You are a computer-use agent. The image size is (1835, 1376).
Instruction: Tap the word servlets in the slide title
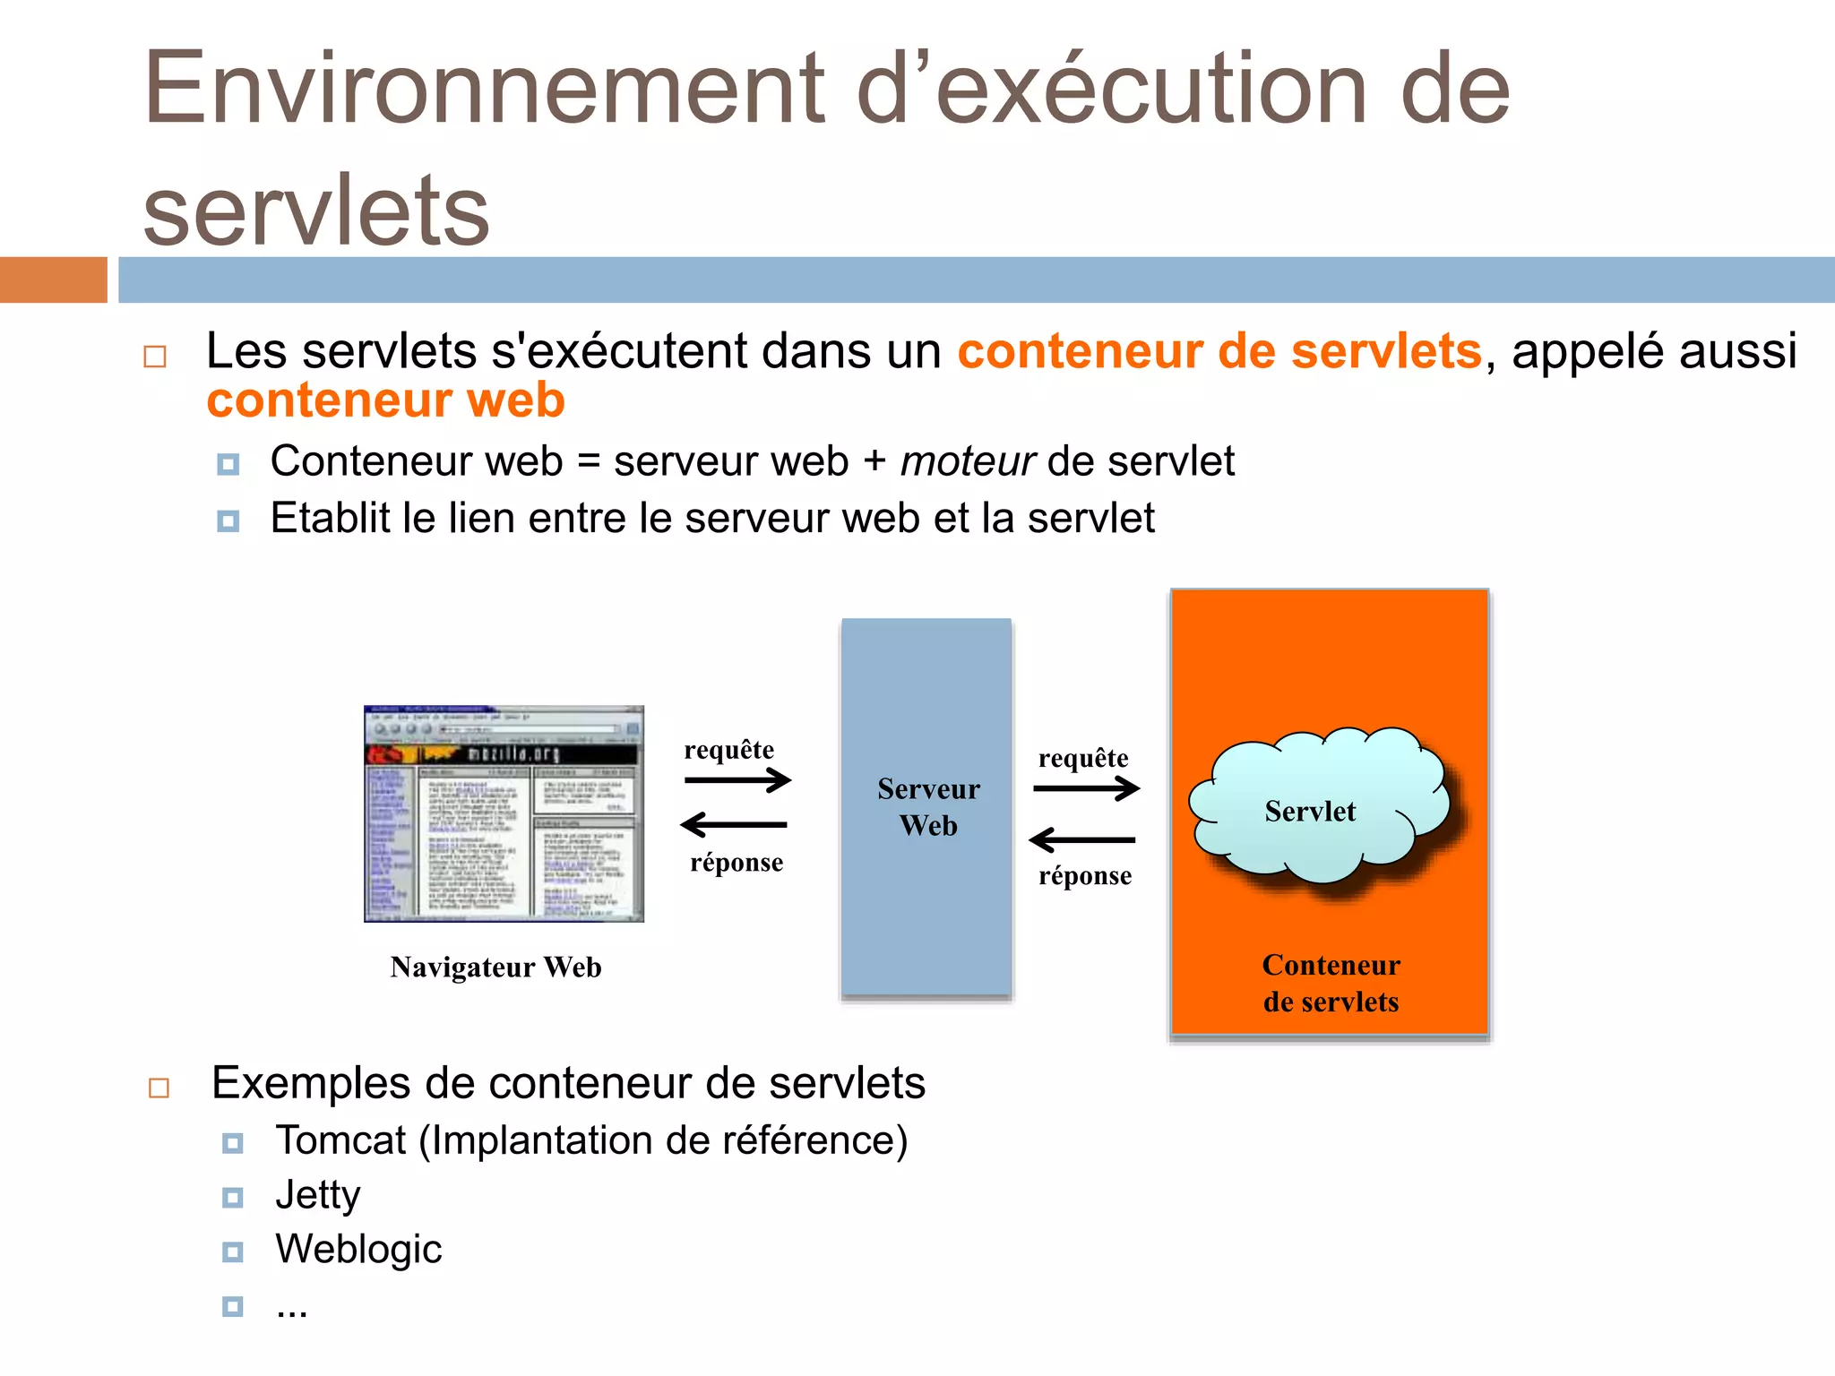(x=316, y=211)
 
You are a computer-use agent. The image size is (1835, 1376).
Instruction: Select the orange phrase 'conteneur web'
(x=385, y=400)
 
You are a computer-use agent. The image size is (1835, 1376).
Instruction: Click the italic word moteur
(x=967, y=461)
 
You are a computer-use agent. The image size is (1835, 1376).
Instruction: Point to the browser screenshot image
(x=504, y=813)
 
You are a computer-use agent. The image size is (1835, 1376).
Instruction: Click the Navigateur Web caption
(x=495, y=967)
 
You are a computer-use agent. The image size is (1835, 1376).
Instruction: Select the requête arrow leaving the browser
(x=737, y=780)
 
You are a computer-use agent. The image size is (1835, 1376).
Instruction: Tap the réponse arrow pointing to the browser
(x=734, y=824)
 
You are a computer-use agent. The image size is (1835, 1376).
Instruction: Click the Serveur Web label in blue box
(x=928, y=806)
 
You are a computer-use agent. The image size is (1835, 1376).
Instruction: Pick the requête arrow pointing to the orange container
(x=1086, y=788)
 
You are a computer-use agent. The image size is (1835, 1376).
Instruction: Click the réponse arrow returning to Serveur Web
(x=1082, y=840)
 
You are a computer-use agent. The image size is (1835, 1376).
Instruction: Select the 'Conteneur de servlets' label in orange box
(x=1331, y=983)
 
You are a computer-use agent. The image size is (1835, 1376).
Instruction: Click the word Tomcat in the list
(x=340, y=1140)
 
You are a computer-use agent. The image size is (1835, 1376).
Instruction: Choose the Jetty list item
(x=318, y=1195)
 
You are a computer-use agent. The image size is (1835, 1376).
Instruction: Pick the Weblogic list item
(x=358, y=1249)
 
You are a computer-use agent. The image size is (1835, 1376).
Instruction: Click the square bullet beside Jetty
(x=233, y=1198)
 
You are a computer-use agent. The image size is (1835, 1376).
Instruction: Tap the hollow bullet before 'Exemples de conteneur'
(x=159, y=1088)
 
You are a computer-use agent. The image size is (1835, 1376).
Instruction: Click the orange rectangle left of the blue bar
(x=53, y=279)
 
